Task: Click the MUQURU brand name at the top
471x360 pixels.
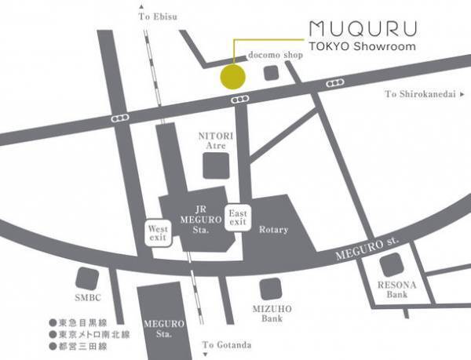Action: point(363,29)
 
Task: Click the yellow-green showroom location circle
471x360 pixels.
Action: point(233,78)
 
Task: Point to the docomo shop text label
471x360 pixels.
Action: point(276,56)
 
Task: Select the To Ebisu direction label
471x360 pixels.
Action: point(157,16)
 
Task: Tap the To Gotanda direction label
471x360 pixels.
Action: point(227,344)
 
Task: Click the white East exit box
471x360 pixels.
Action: point(238,218)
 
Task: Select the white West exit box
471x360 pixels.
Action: point(159,233)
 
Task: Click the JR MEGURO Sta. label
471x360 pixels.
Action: point(192,220)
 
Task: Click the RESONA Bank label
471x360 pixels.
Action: point(397,289)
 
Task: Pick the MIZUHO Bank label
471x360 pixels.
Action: point(271,314)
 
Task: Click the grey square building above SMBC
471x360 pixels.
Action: point(86,278)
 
